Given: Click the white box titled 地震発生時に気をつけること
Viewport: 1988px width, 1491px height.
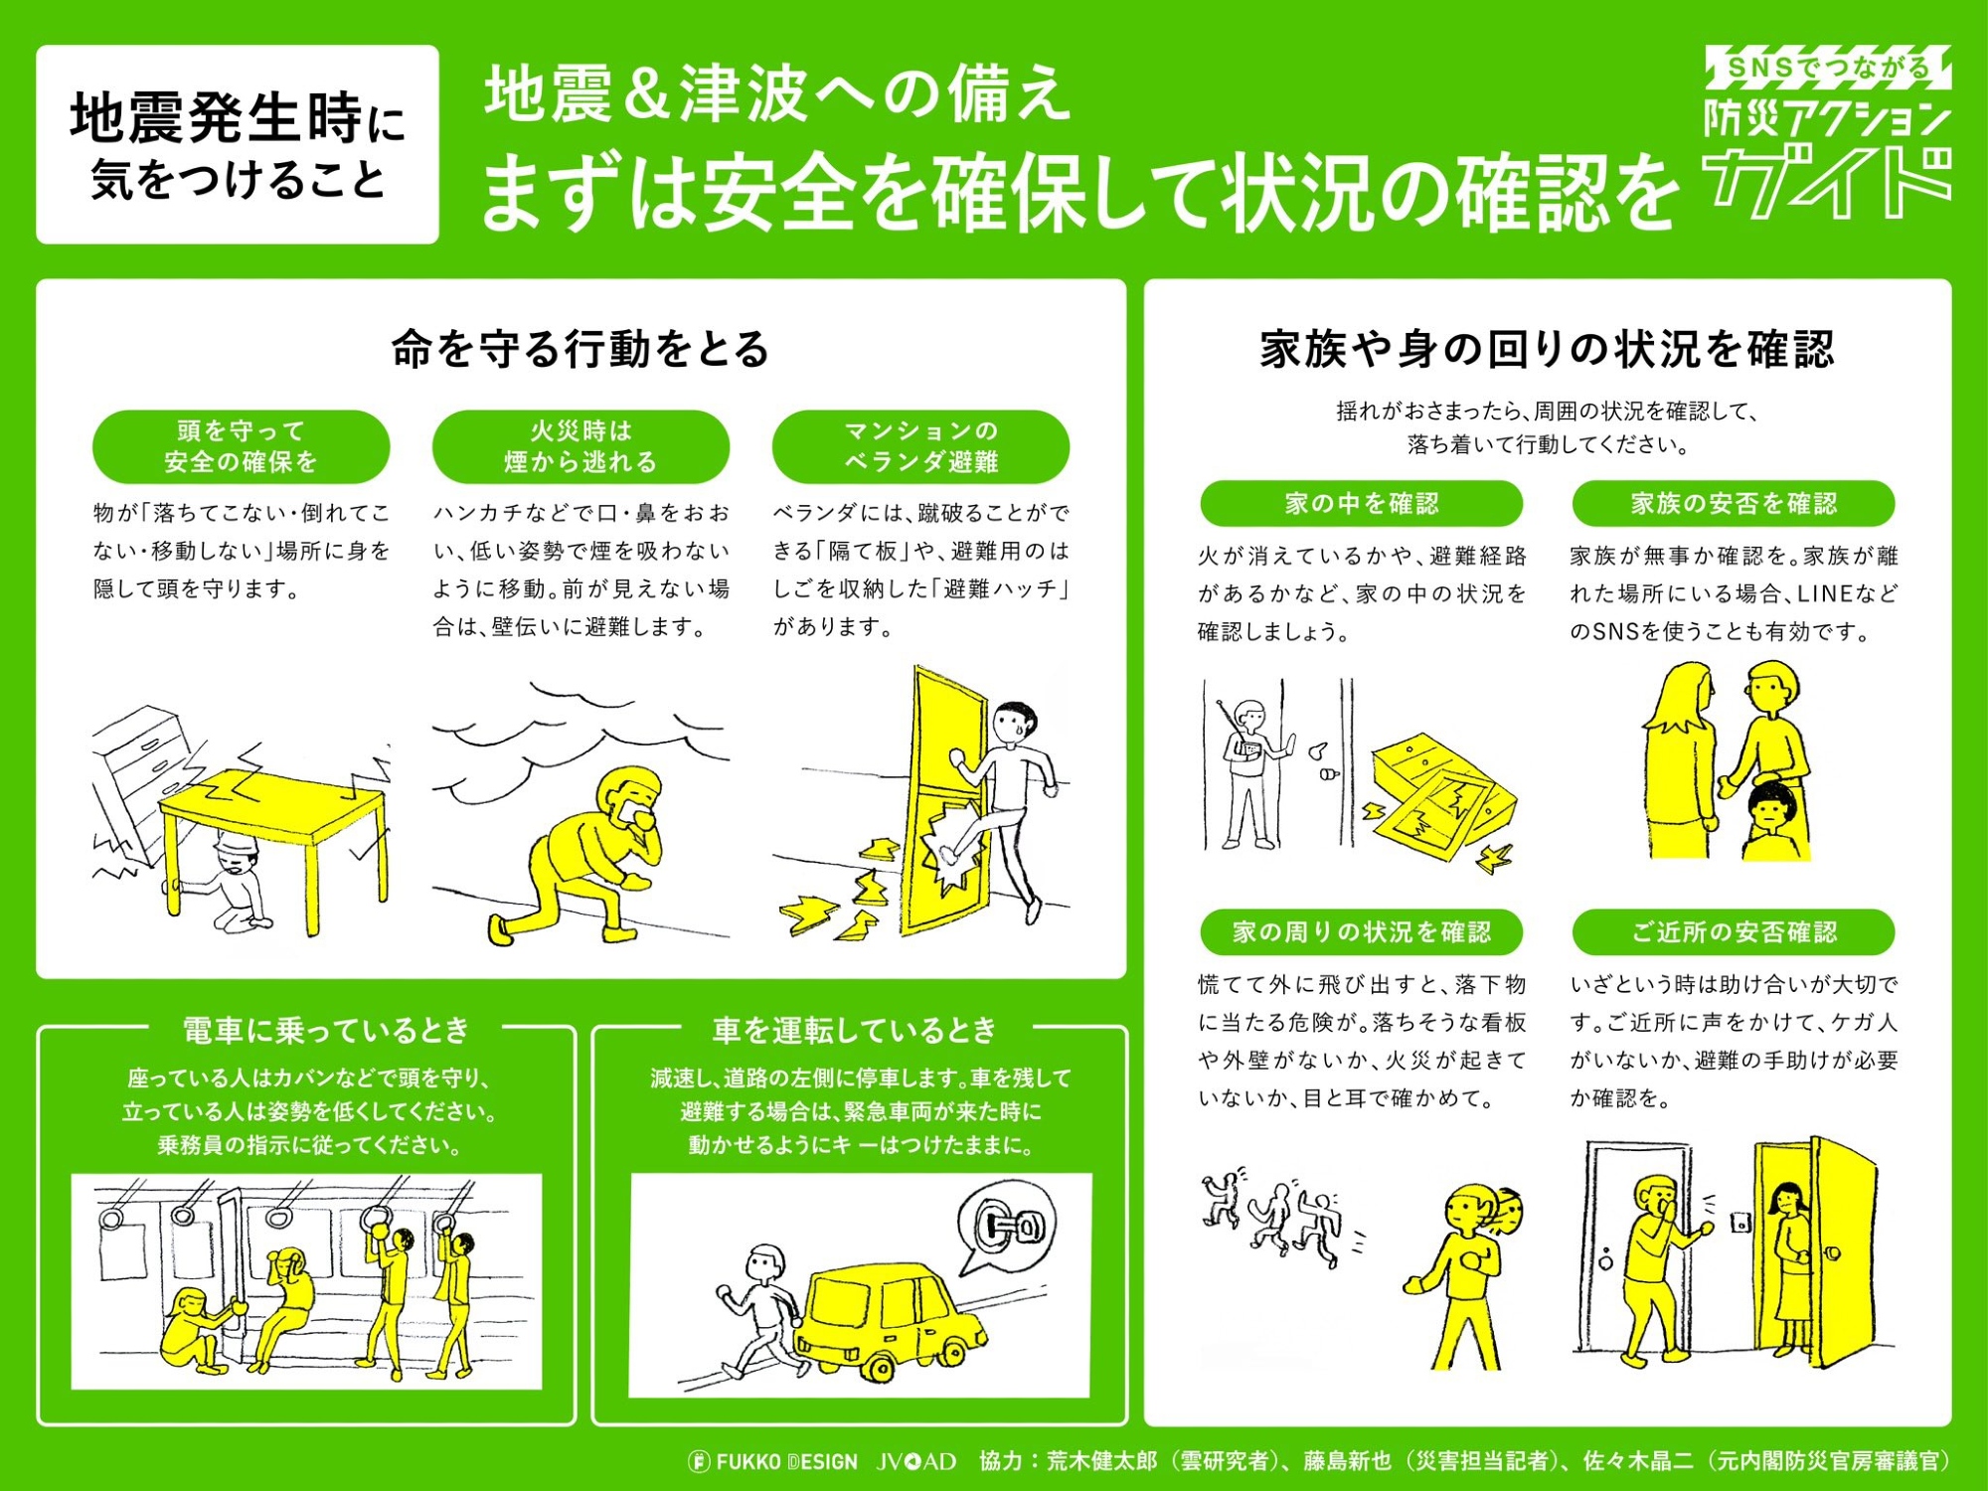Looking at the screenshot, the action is click(x=238, y=144).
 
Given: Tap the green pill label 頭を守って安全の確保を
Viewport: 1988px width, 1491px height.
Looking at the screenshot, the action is click(x=241, y=446).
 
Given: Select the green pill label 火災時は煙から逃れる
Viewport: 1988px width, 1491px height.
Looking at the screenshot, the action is click(x=580, y=446).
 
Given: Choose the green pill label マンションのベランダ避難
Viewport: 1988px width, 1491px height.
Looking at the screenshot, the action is click(x=920, y=446).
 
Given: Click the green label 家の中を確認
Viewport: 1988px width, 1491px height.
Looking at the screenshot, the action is click(x=1362, y=503).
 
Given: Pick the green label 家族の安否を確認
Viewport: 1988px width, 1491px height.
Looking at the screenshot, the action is click(x=1734, y=503).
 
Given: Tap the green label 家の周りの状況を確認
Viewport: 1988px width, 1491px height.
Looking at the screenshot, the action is click(x=1362, y=931).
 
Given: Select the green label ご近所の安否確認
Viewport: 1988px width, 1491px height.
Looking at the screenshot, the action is click(x=1734, y=931).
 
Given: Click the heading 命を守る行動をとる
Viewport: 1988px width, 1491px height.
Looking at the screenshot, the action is click(x=580, y=349).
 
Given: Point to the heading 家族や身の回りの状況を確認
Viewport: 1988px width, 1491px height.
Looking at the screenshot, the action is click(x=1547, y=349).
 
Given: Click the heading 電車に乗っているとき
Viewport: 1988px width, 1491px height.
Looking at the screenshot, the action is click(x=325, y=1030).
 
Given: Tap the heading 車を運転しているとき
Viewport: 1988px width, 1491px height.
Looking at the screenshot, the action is click(x=855, y=1030).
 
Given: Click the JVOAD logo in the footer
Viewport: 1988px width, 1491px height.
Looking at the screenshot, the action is click(x=916, y=1461).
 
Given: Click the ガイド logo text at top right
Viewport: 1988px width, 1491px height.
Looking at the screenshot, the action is click(x=1827, y=181).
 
